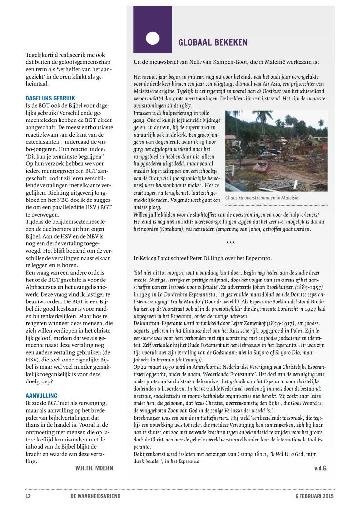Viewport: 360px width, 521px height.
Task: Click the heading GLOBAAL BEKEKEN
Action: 213,42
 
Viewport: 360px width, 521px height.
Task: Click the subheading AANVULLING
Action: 41,395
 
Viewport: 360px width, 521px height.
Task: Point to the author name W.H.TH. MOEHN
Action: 94,469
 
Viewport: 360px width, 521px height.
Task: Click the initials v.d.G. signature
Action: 320,468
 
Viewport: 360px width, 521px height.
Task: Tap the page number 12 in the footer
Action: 28,496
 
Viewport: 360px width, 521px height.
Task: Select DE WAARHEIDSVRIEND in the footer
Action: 95,496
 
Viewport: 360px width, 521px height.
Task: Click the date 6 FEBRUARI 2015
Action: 314,496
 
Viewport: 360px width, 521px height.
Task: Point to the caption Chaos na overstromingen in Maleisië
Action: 262,198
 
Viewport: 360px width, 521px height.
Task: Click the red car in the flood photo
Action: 261,167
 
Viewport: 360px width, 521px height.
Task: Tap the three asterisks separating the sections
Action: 230,242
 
